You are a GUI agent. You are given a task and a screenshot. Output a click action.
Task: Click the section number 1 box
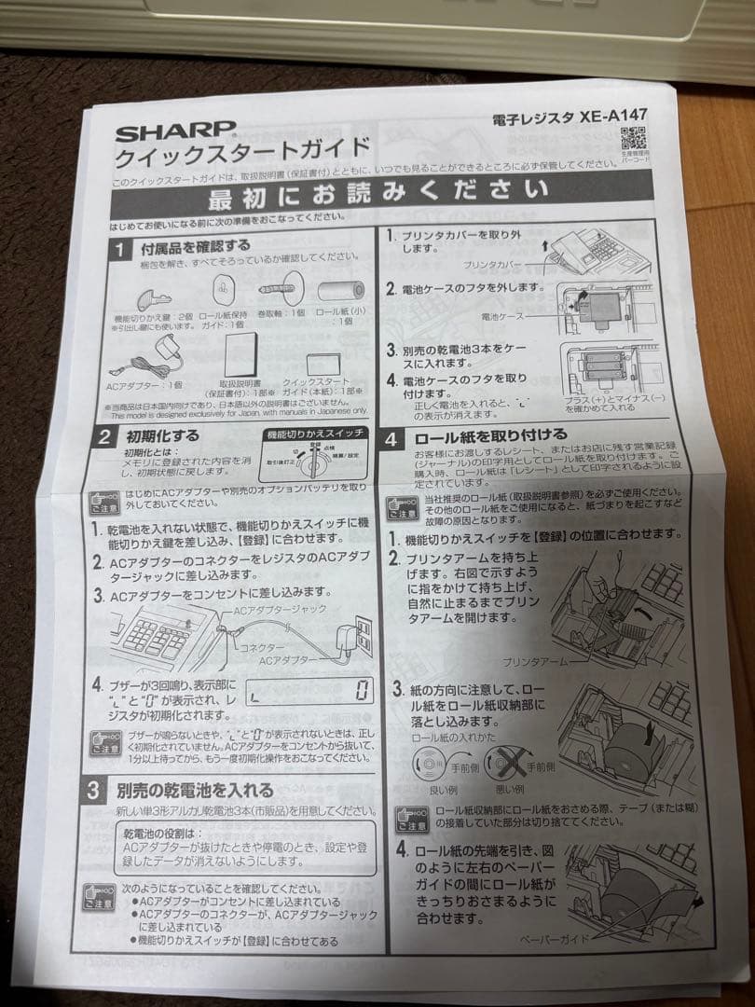tap(121, 249)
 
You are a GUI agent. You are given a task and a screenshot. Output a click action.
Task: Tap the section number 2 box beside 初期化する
tap(105, 435)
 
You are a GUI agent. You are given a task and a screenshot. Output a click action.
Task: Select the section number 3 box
tap(94, 791)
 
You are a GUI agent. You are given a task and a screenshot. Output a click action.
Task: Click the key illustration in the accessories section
tap(154, 298)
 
